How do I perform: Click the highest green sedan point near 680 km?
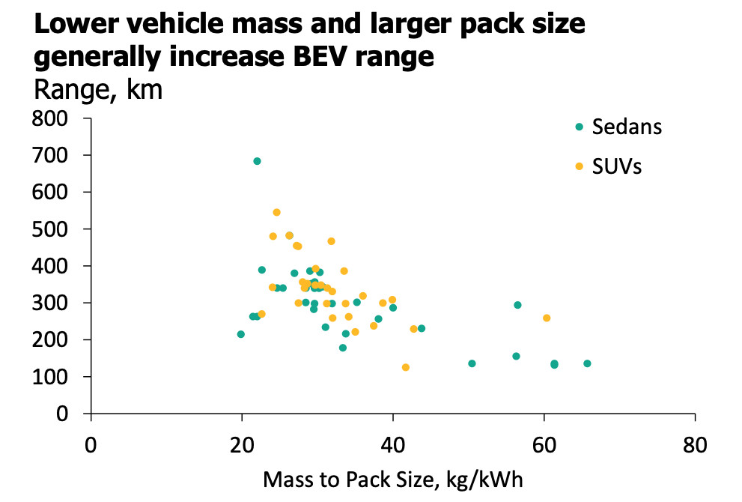point(257,161)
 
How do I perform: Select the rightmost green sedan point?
point(587,363)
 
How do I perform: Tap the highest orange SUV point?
point(276,213)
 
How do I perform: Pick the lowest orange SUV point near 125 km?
point(406,367)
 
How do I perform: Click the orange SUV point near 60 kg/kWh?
point(547,318)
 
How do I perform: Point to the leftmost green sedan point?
point(240,334)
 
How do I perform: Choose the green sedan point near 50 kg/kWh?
point(472,363)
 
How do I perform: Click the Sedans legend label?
point(627,127)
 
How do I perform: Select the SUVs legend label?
point(617,166)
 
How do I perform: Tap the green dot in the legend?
point(579,127)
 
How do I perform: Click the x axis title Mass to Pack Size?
point(392,480)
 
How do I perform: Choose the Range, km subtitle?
point(98,90)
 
